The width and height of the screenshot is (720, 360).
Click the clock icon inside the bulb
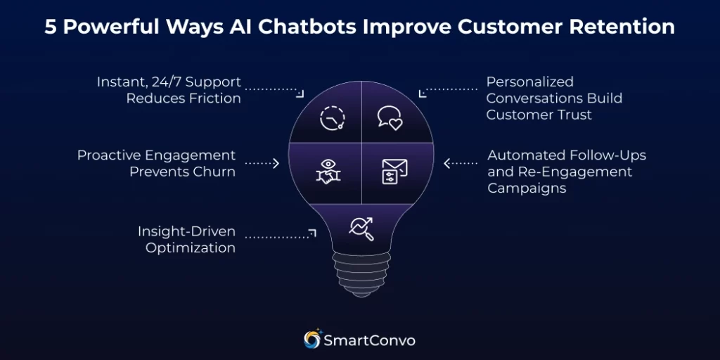pos(333,117)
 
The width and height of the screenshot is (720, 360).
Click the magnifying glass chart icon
pos(361,228)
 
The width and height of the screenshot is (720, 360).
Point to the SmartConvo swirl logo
pos(312,340)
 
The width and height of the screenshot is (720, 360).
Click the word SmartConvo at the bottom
pos(369,340)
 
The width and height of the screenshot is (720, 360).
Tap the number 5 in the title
pos(51,27)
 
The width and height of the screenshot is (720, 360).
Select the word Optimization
pos(191,247)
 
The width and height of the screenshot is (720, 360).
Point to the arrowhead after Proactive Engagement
pos(276,163)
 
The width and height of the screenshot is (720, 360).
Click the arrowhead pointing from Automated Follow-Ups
pos(446,163)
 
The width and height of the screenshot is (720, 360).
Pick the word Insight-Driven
pos(186,231)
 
